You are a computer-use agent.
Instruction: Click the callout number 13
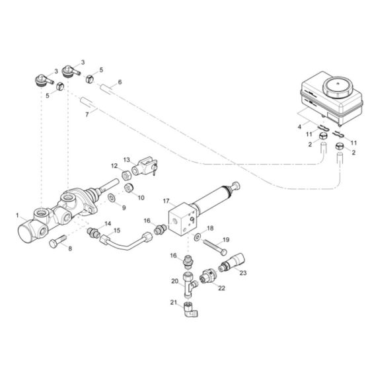coord(128,159)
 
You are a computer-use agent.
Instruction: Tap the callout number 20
coord(174,281)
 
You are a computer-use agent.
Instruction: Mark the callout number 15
coord(118,230)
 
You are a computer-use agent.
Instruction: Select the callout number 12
coord(114,165)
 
